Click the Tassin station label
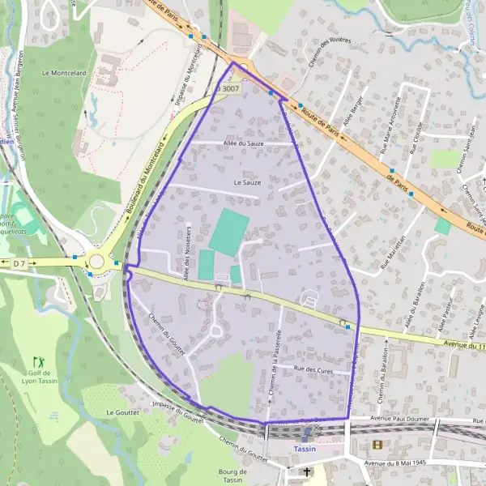(305, 448)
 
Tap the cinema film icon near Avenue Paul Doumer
(377, 444)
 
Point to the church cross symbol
(306, 471)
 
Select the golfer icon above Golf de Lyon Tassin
(37, 361)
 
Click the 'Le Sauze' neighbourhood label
(247, 183)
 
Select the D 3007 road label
(228, 87)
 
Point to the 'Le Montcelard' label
(62, 72)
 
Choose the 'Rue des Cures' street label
(313, 369)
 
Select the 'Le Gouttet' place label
(123, 412)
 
